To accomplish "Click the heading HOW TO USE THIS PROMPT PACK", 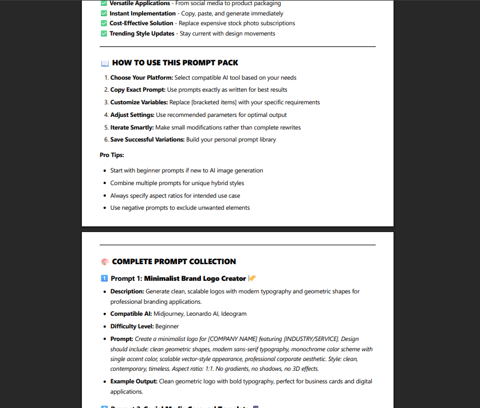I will click(175, 63).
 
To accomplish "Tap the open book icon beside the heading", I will click(104, 63).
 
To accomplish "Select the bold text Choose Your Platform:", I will click(141, 77).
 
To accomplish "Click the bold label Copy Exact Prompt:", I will click(137, 90).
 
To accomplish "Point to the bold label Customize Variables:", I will click(139, 103).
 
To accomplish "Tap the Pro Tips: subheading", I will click(112, 155).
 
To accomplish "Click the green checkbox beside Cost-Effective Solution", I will click(104, 23).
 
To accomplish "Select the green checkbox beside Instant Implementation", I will click(104, 13).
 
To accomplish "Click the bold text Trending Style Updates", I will click(142, 34).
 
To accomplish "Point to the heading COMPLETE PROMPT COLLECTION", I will click(174, 262).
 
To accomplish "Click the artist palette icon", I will click(104, 262).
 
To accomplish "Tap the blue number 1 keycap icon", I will click(104, 278).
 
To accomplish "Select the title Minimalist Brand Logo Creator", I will click(195, 278).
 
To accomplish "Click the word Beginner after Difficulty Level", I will click(167, 326).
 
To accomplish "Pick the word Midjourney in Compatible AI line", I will click(169, 314).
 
